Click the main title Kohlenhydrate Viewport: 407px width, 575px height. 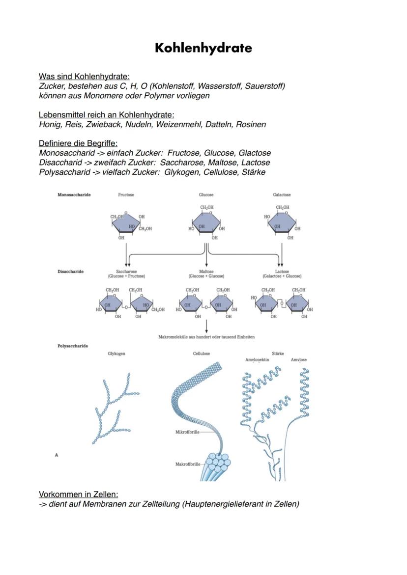pyautogui.click(x=203, y=48)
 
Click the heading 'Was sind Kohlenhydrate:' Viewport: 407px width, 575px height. pyautogui.click(x=84, y=77)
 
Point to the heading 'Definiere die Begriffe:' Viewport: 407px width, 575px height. pyautogui.click(x=78, y=143)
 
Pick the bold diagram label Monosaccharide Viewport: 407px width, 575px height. pyautogui.click(x=74, y=195)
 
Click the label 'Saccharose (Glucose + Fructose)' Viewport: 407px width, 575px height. pyautogui.click(x=127, y=274)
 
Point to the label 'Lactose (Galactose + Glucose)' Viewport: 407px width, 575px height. pyautogui.click(x=282, y=274)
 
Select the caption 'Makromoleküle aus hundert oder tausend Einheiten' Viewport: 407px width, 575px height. pyautogui.click(x=206, y=337)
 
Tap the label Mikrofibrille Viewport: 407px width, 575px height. pyautogui.click(x=186, y=432)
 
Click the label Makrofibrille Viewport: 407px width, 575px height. pyautogui.click(x=187, y=464)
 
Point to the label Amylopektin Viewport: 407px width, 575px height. pyautogui.click(x=257, y=360)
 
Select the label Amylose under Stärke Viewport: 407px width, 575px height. pyautogui.click(x=298, y=360)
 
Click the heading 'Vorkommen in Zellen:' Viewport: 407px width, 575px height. pyautogui.click(x=78, y=494)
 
